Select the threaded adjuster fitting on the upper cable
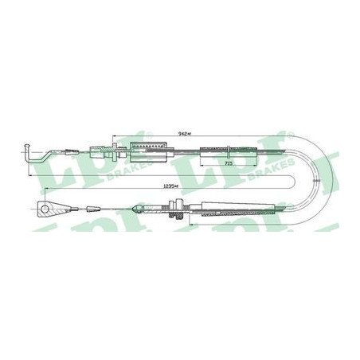pyautogui.click(x=104, y=149)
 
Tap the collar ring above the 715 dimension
pyautogui.click(x=231, y=149)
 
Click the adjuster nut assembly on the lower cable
pyautogui.click(x=176, y=212)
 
